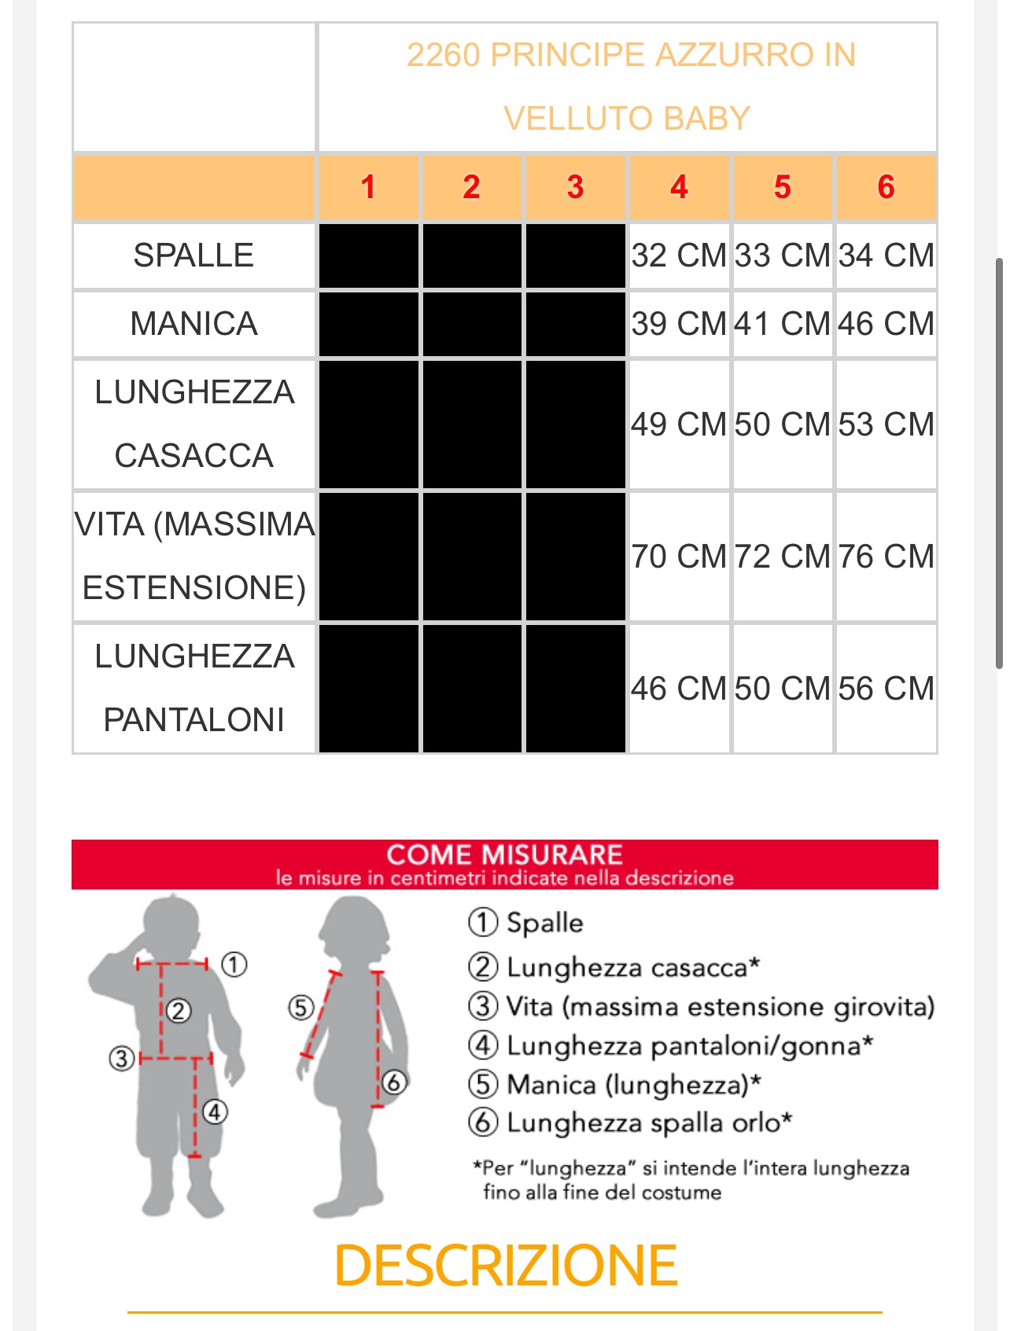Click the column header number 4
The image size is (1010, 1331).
coord(679,187)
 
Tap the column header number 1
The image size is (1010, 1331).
coord(368,187)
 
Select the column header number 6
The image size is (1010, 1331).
coord(886,187)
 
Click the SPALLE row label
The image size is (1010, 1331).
coord(194,256)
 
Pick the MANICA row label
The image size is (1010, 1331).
coord(194,324)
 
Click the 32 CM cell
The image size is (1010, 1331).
coord(679,256)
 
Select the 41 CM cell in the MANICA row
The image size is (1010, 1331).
coord(782,324)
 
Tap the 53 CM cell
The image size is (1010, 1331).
coord(886,425)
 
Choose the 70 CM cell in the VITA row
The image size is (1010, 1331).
coord(679,557)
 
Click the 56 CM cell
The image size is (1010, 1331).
coord(886,689)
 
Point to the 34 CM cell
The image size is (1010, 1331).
coord(886,256)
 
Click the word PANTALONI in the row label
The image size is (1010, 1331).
coord(194,720)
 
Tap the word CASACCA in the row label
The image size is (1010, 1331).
coord(194,456)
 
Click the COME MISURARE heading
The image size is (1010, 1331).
coord(504,855)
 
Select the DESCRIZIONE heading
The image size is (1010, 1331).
coord(505,1266)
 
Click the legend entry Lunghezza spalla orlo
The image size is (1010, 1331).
coord(649,1123)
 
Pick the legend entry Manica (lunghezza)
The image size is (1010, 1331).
coord(633,1085)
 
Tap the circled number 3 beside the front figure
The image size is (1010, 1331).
coord(121,1058)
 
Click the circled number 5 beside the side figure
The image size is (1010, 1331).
coord(300,1007)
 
